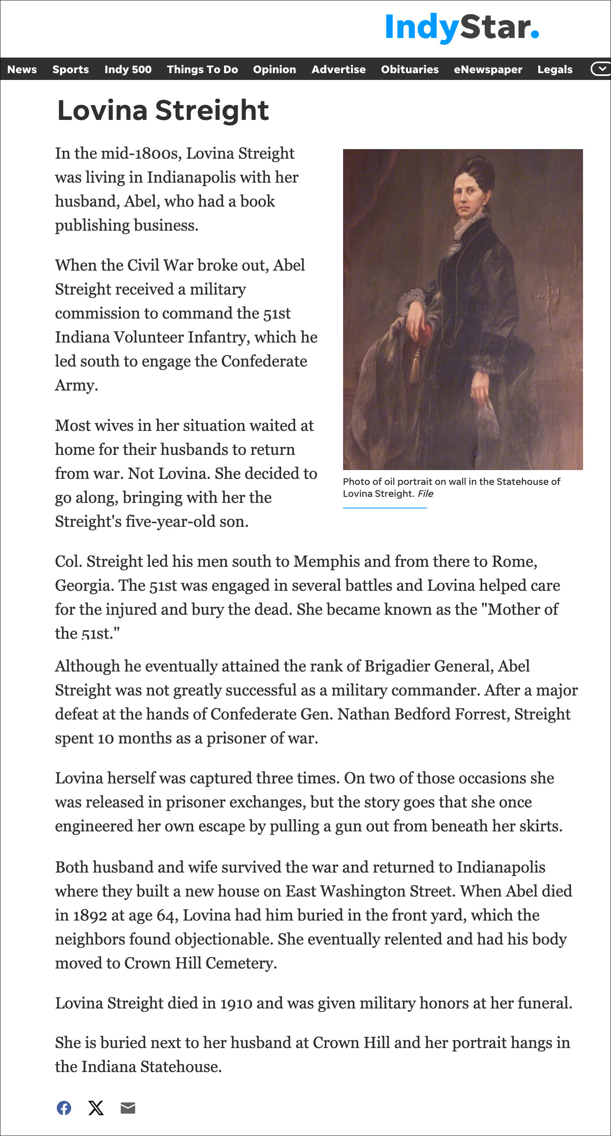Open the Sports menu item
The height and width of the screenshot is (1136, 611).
[x=71, y=69]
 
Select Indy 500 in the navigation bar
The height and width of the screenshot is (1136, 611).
[x=128, y=69]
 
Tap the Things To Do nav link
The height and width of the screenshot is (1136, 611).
[x=202, y=69]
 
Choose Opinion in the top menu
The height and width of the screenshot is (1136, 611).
[x=274, y=69]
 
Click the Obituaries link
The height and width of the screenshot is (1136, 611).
[x=409, y=69]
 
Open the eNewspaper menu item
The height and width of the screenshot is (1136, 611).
[x=488, y=69]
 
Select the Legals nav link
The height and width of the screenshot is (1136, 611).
[x=555, y=69]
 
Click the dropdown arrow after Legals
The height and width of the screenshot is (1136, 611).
[x=601, y=69]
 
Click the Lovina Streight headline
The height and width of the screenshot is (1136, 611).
[x=163, y=110]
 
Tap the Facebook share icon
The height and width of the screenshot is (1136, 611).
[x=64, y=1107]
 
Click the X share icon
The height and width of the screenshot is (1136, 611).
[x=96, y=1107]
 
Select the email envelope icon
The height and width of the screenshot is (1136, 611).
[x=128, y=1107]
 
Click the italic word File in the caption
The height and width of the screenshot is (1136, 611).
[x=425, y=494]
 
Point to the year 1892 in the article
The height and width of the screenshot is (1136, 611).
[x=90, y=915]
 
